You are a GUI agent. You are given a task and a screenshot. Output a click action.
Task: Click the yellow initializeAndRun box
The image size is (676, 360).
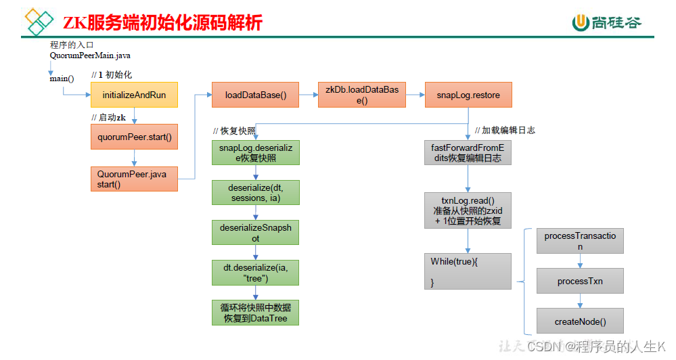pyautogui.click(x=134, y=95)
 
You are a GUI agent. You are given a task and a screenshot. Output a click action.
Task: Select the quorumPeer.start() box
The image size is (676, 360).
pyautogui.click(x=134, y=137)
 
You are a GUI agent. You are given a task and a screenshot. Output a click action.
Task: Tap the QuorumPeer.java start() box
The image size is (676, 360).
pyautogui.click(x=134, y=179)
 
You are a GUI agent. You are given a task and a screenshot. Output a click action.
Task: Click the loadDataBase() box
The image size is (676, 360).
pyautogui.click(x=255, y=95)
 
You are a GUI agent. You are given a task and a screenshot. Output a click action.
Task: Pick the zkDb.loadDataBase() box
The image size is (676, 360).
pyautogui.click(x=362, y=95)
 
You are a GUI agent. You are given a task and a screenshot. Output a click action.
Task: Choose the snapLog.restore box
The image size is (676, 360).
pyautogui.click(x=468, y=95)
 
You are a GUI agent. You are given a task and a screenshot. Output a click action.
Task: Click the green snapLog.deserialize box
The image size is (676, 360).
pyautogui.click(x=256, y=153)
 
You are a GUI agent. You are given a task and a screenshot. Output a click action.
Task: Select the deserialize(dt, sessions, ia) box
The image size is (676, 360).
pyautogui.click(x=256, y=192)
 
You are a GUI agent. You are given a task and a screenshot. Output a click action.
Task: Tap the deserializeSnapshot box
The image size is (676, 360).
pyautogui.click(x=255, y=232)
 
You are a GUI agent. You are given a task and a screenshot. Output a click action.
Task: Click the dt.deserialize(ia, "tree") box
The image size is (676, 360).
pyautogui.click(x=255, y=273)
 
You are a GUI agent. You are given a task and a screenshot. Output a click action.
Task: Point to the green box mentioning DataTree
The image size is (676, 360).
pyautogui.click(x=255, y=313)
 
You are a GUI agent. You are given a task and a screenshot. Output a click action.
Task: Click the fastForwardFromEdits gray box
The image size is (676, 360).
pyautogui.click(x=468, y=153)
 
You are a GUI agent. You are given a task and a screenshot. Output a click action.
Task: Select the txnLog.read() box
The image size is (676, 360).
pyautogui.click(x=468, y=210)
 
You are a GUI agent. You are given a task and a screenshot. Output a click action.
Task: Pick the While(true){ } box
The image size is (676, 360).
pyautogui.click(x=468, y=271)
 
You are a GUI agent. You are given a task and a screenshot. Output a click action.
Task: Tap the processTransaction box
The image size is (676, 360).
pyautogui.click(x=580, y=241)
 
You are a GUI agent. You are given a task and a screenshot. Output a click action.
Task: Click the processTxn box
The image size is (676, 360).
pyautogui.click(x=580, y=281)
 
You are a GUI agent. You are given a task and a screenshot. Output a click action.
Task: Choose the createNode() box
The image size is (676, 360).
pyautogui.click(x=580, y=321)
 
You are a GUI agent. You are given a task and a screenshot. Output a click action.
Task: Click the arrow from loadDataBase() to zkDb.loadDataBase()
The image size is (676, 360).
pyautogui.click(x=309, y=95)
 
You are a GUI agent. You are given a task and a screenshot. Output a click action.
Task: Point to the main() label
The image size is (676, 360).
pyautogui.click(x=62, y=78)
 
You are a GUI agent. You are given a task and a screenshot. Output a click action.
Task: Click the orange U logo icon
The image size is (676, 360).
pyautogui.click(x=581, y=22)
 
